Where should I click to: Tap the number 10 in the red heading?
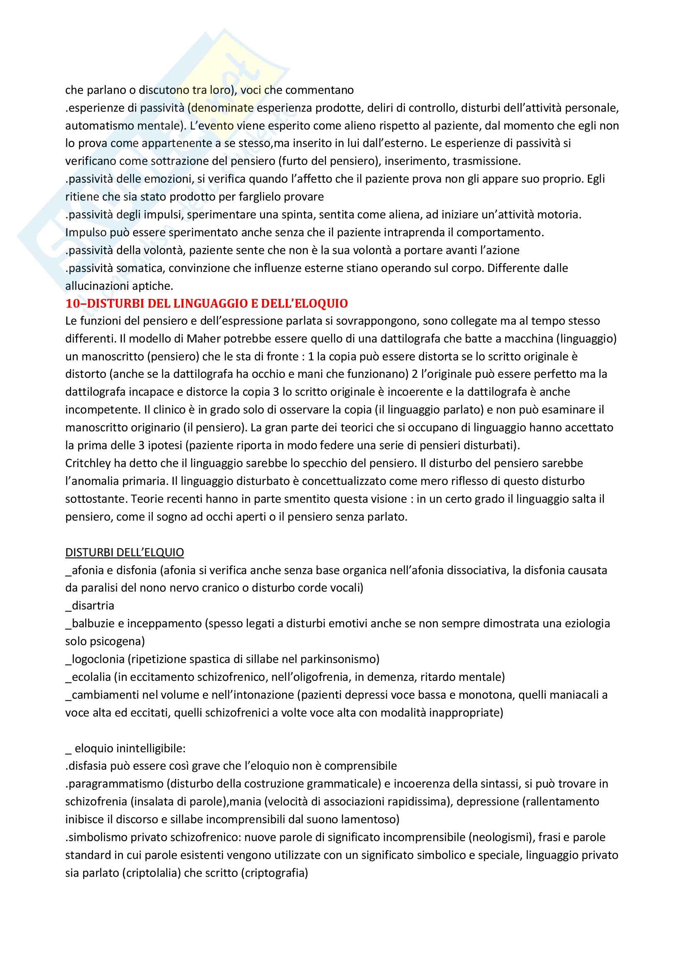click(72, 303)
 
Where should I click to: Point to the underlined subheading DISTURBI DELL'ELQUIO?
click(124, 552)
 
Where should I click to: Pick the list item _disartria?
click(90, 605)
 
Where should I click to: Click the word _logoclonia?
click(95, 658)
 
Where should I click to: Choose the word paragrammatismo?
click(115, 784)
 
